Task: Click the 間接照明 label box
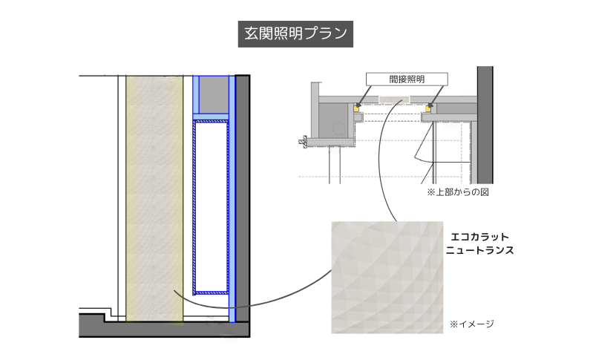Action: coord(407,79)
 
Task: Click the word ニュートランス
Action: coord(479,251)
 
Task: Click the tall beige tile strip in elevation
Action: coord(154,197)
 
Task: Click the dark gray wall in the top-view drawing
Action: coord(485,126)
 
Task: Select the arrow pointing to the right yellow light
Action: coord(437,96)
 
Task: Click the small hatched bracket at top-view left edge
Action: coord(302,142)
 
